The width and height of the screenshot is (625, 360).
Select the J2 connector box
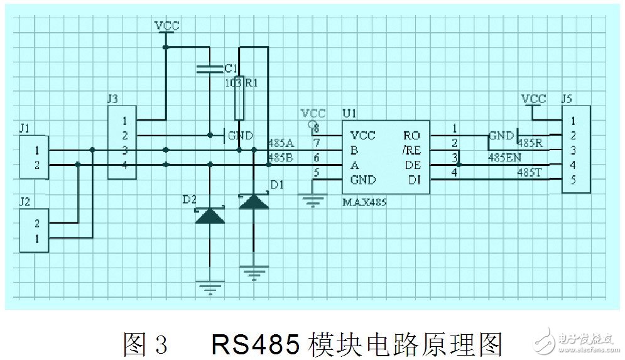[34, 231]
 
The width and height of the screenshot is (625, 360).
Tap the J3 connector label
[112, 98]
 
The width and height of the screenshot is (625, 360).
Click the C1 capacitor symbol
[209, 69]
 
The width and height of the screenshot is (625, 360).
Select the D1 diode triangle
[253, 201]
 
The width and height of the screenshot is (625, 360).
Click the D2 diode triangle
[209, 216]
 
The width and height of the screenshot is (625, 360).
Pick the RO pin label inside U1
[412, 135]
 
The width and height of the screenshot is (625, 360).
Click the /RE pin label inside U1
[411, 150]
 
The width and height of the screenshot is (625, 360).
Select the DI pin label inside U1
[413, 180]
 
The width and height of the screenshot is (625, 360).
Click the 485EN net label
[506, 157]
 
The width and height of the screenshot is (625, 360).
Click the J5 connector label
[567, 99]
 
